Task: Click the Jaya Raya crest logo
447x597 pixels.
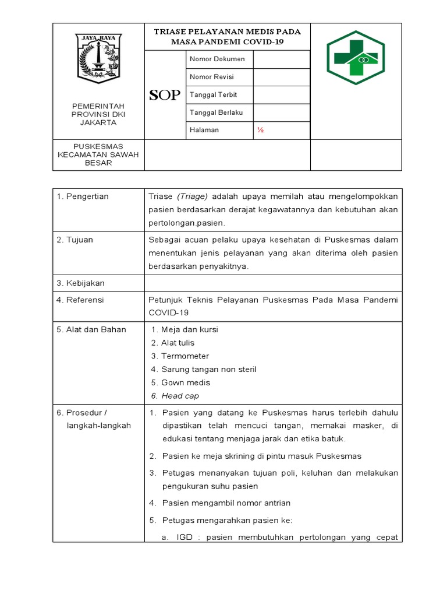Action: click(x=98, y=58)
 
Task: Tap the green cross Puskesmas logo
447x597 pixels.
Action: click(x=356, y=58)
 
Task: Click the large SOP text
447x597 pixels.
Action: click(x=165, y=96)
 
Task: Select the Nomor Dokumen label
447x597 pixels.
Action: click(x=217, y=59)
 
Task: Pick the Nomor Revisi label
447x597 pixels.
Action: click(x=213, y=77)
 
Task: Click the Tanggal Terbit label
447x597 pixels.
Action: click(x=213, y=94)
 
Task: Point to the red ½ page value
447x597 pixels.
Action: click(x=261, y=130)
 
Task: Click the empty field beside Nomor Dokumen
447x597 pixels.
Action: click(x=281, y=59)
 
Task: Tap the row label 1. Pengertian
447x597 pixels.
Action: click(x=83, y=196)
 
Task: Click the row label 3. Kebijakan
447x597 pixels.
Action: click(x=81, y=283)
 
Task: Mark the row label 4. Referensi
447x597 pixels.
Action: click(x=80, y=300)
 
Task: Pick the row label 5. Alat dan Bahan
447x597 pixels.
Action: click(x=91, y=329)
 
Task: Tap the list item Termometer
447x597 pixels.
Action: click(x=185, y=356)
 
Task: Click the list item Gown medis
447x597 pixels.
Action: click(x=185, y=382)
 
